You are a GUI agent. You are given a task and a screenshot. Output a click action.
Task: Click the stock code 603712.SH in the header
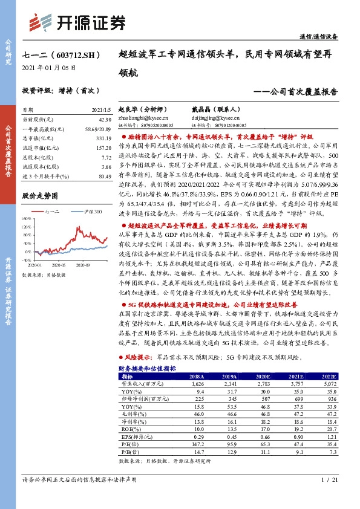(x=72, y=54)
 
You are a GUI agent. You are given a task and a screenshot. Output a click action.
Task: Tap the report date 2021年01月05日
(x=48, y=68)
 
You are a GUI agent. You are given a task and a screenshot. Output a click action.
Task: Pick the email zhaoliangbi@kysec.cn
(x=142, y=119)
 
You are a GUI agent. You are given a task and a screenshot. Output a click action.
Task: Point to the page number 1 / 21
(x=327, y=496)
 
